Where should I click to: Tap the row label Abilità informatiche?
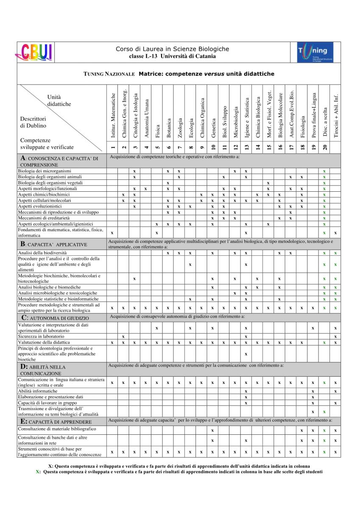38,391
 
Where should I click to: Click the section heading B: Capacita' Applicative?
54,244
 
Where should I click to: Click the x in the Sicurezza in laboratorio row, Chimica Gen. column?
123,336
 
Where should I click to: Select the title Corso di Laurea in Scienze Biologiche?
172,49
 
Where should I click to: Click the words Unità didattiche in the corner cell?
59,101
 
